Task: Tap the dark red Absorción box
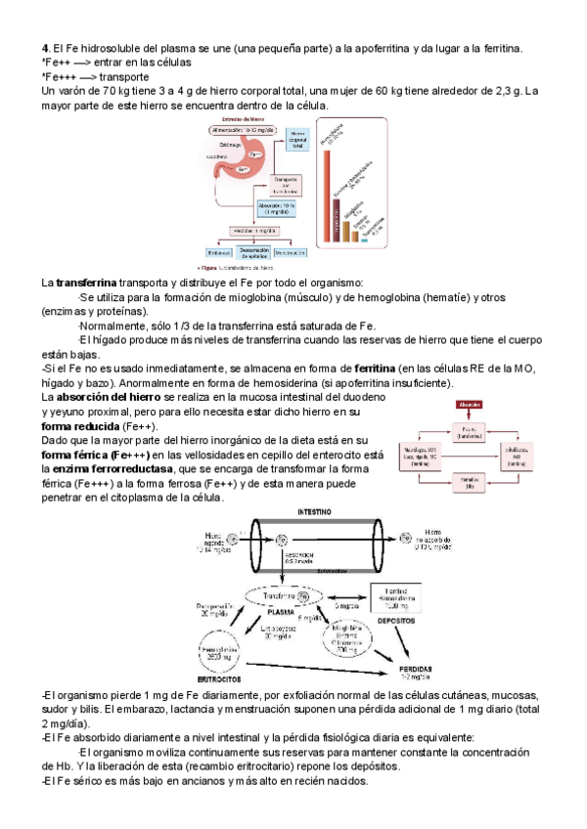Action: [469, 402]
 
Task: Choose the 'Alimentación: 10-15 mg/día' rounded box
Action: [243, 129]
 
